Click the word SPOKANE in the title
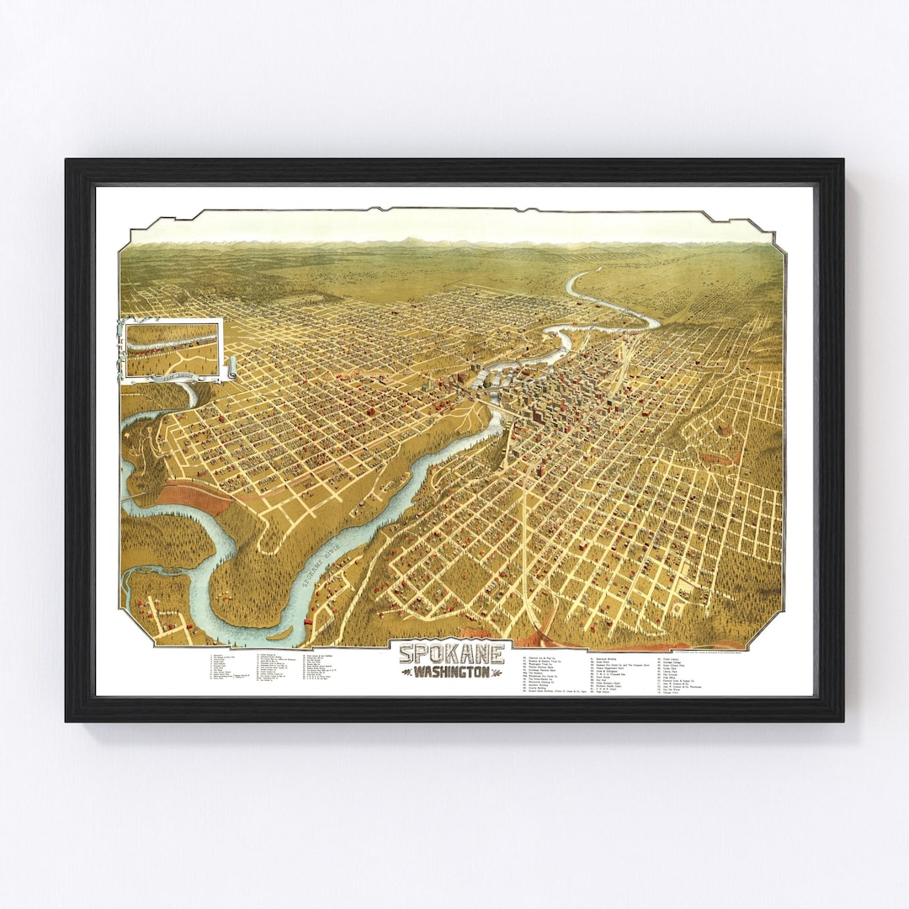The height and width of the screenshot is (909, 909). (452, 653)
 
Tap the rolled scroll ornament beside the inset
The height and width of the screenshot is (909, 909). (231, 368)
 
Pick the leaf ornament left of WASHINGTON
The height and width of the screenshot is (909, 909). (407, 673)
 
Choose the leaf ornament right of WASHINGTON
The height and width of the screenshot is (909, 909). (498, 673)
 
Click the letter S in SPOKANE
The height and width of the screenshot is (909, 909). (407, 653)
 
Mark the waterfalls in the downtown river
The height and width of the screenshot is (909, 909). (480, 383)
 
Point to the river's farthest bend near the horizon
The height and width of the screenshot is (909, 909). (589, 274)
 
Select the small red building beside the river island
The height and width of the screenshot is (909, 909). (308, 621)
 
